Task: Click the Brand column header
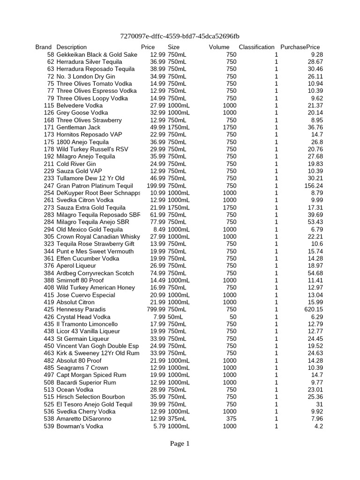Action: (43, 47)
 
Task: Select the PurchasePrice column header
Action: (300, 47)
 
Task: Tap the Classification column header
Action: (256, 47)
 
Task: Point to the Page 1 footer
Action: (180, 444)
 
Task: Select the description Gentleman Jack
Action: (78, 127)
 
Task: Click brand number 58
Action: (51, 54)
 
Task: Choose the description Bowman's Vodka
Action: (80, 426)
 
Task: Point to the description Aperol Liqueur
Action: (76, 266)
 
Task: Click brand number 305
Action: (49, 237)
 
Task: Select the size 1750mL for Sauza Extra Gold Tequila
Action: (179, 208)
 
